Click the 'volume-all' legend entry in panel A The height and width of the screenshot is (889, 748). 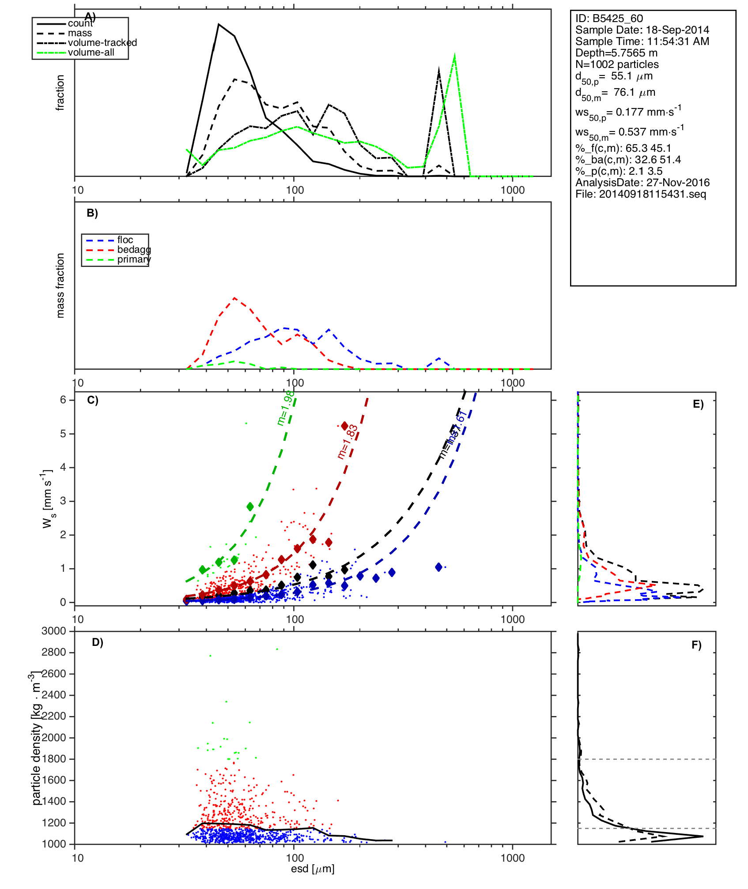pyautogui.click(x=91, y=53)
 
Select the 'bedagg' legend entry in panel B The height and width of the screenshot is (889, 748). pyautogui.click(x=134, y=250)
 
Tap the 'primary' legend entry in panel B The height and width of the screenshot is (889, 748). pyautogui.click(x=134, y=259)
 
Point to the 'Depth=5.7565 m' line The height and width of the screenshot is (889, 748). pyautogui.click(x=616, y=53)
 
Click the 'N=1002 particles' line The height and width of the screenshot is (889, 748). pyautogui.click(x=616, y=64)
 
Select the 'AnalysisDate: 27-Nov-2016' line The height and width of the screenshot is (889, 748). pyautogui.click(x=642, y=183)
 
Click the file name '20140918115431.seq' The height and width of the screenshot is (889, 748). pyautogui.click(x=652, y=194)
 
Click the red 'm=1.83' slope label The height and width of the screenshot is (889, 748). pyautogui.click(x=348, y=442)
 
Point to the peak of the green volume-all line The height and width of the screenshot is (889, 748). pyautogui.click(x=454, y=55)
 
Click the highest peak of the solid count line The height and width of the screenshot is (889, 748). pyautogui.click(x=219, y=24)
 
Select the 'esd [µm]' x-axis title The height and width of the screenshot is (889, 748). pyautogui.click(x=313, y=869)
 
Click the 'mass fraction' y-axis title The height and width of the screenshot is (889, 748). pyautogui.click(x=60, y=285)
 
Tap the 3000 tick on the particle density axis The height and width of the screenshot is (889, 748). pyautogui.click(x=53, y=631)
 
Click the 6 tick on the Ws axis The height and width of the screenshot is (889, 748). pyautogui.click(x=63, y=400)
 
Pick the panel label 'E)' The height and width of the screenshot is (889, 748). pyautogui.click(x=698, y=405)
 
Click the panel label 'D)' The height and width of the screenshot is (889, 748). pyautogui.click(x=97, y=642)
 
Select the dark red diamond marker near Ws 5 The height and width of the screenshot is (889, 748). pyautogui.click(x=344, y=426)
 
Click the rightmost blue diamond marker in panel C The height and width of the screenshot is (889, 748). pyautogui.click(x=438, y=567)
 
